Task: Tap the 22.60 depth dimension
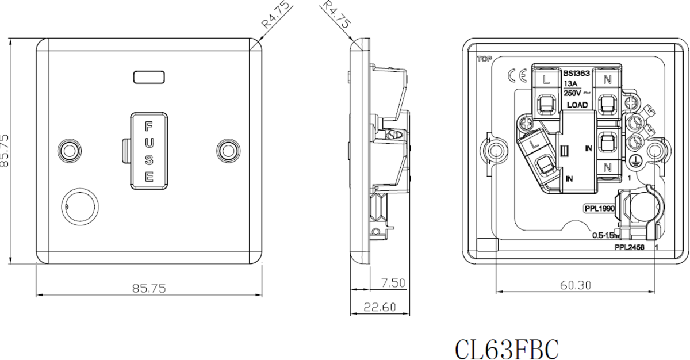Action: tap(379, 308)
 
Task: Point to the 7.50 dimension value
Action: tap(393, 283)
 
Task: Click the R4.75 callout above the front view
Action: tap(275, 16)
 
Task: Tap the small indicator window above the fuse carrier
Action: tap(149, 76)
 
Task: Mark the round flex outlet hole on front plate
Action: tap(75, 202)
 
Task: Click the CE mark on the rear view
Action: tap(514, 76)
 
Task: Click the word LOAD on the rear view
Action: tap(576, 105)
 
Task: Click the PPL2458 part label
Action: tap(630, 247)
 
